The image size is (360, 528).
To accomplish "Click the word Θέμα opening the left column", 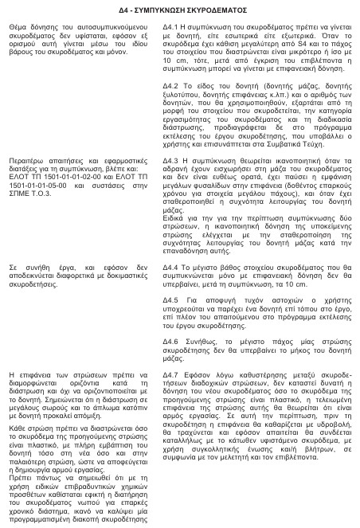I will (15, 26).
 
